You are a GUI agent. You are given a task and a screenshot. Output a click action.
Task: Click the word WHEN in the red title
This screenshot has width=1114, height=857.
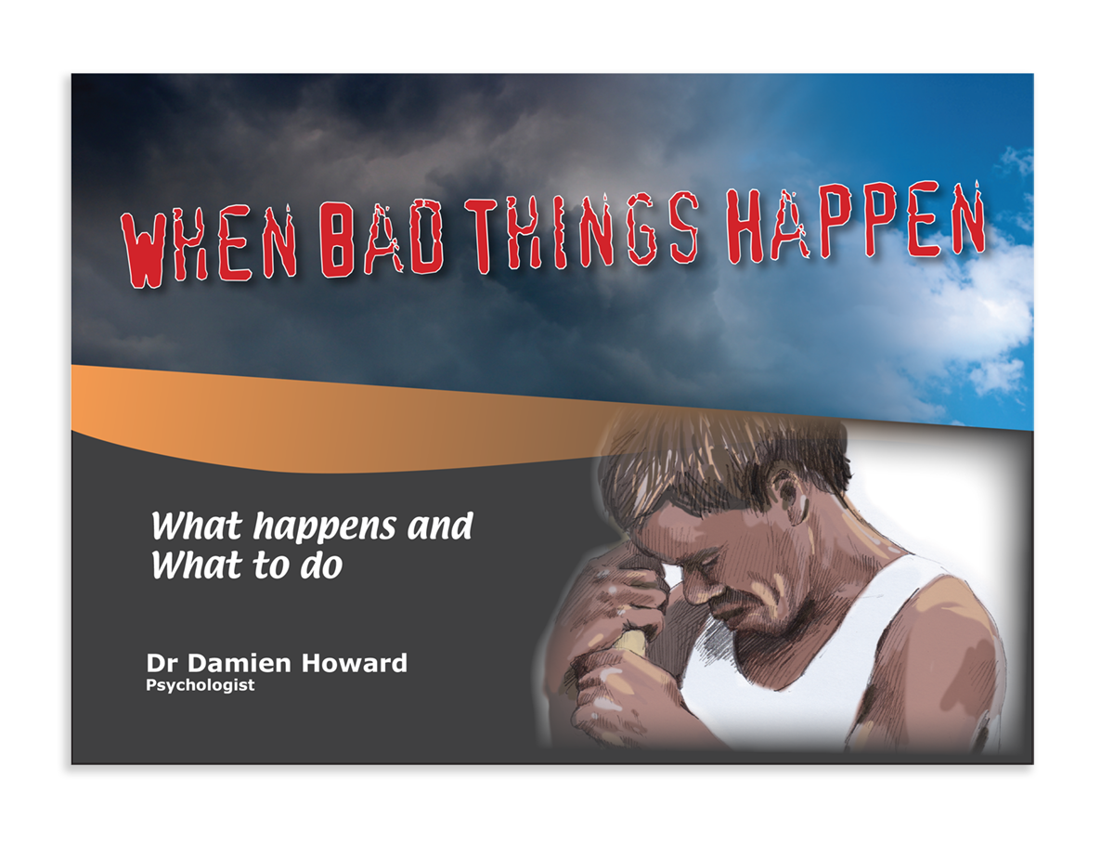tap(208, 245)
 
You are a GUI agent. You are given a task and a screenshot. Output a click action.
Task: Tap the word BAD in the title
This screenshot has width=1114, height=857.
tap(382, 238)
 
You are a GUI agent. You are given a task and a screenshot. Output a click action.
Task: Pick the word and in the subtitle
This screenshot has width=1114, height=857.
tap(440, 526)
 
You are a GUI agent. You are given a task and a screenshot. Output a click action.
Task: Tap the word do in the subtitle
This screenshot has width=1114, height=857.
tap(321, 565)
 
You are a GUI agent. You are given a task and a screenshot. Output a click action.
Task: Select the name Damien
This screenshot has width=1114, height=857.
tap(239, 663)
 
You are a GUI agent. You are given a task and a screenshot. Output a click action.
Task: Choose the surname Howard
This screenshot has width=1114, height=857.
tap(354, 663)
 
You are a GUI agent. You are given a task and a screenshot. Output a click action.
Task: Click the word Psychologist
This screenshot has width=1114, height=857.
tap(200, 686)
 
